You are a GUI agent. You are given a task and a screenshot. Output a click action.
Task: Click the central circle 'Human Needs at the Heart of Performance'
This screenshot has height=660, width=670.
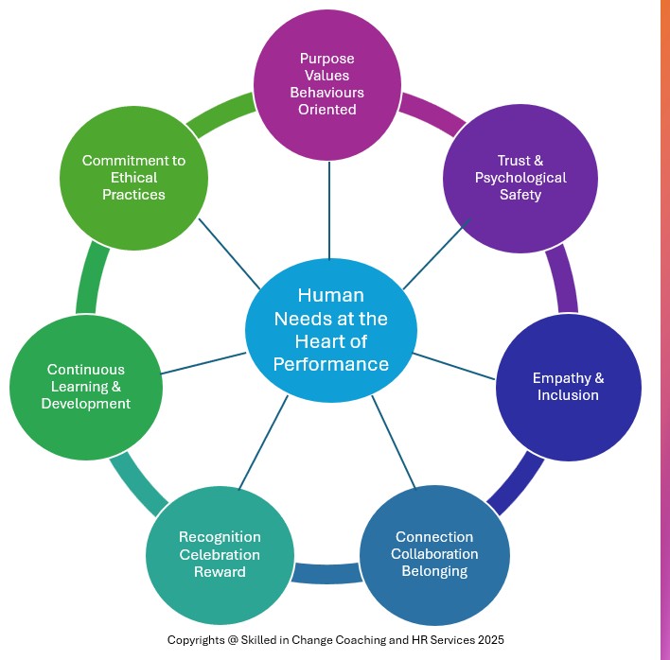(330, 328)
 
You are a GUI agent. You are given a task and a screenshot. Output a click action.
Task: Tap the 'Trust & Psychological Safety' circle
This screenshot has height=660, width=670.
(520, 178)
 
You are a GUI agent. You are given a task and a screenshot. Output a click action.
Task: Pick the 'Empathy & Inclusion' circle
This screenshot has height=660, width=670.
(568, 387)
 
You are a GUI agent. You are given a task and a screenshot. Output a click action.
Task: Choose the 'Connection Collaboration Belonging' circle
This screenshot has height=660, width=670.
(434, 554)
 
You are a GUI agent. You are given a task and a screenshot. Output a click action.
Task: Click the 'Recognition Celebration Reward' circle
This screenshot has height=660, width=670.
(219, 554)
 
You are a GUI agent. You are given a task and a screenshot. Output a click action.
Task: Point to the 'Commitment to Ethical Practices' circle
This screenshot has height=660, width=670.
(133, 178)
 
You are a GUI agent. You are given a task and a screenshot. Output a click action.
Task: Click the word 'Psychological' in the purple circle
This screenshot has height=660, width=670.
(520, 178)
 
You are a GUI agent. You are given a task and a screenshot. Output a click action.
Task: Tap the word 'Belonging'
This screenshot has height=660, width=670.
(434, 571)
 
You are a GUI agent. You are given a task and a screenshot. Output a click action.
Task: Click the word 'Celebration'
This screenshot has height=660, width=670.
(220, 554)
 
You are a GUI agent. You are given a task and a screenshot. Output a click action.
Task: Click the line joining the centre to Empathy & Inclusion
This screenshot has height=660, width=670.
(454, 366)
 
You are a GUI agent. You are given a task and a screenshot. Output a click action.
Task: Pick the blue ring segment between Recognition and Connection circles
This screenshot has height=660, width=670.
(326, 573)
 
